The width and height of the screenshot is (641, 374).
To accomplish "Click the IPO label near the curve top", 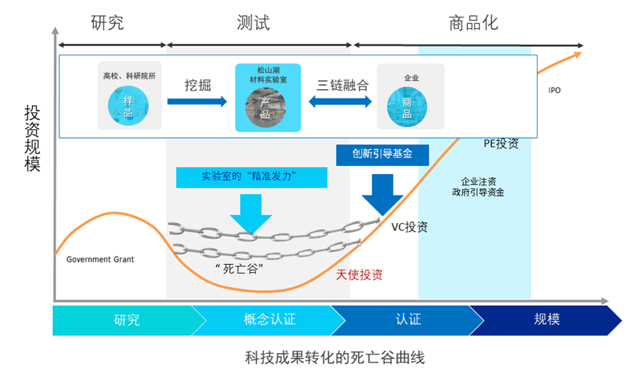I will tap(554, 91).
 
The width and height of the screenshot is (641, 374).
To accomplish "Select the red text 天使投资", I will tap(360, 274).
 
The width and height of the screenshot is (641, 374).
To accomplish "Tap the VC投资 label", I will tap(409, 226).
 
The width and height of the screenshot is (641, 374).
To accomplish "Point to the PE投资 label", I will tap(501, 144).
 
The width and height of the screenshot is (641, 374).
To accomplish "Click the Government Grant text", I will tap(100, 259).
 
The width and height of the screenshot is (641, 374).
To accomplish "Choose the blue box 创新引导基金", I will tap(382, 154).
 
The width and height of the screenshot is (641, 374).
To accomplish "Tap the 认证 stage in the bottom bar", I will tap(408, 319).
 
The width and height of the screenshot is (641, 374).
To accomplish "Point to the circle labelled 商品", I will tap(406, 106).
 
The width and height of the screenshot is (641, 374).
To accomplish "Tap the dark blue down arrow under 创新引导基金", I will tap(382, 193).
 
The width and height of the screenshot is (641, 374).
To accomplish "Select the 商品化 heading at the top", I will tap(474, 22).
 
